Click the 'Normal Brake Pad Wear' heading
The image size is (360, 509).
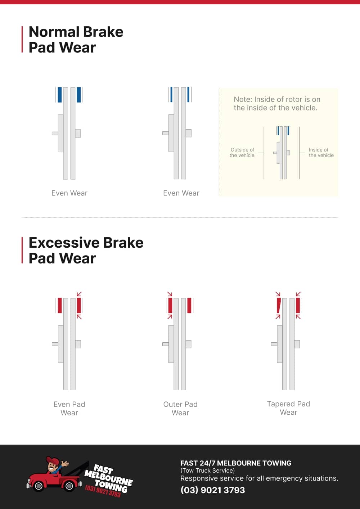tap(76, 40)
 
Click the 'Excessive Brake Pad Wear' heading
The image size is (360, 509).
tap(86, 251)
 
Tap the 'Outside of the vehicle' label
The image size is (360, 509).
tap(242, 153)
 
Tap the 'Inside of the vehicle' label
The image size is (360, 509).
tap(321, 153)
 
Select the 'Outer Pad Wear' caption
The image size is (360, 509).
tap(180, 409)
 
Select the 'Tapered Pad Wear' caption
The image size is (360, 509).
tap(288, 408)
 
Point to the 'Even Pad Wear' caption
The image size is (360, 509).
tap(69, 409)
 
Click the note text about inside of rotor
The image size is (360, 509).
tap(276, 104)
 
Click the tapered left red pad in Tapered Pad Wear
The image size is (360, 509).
tap(278, 306)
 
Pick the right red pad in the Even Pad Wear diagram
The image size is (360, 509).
tap(79, 306)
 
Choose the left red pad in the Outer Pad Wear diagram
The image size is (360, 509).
tap(171, 306)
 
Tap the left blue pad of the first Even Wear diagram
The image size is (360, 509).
tap(60, 95)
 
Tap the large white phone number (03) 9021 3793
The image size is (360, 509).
tap(212, 490)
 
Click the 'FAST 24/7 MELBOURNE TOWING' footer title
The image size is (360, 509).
tap(236, 463)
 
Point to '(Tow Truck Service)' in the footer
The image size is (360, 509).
tap(207, 470)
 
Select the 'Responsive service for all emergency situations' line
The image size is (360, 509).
tap(259, 478)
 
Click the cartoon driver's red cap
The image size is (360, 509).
tap(53, 460)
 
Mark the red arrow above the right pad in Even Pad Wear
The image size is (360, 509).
tap(79, 294)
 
